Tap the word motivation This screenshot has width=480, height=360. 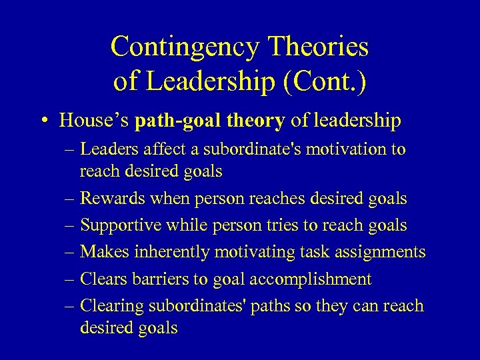click(x=339, y=149)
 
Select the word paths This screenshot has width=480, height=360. click(x=301, y=305)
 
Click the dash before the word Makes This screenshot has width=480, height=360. click(x=69, y=252)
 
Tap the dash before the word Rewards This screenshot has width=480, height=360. click(x=69, y=199)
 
